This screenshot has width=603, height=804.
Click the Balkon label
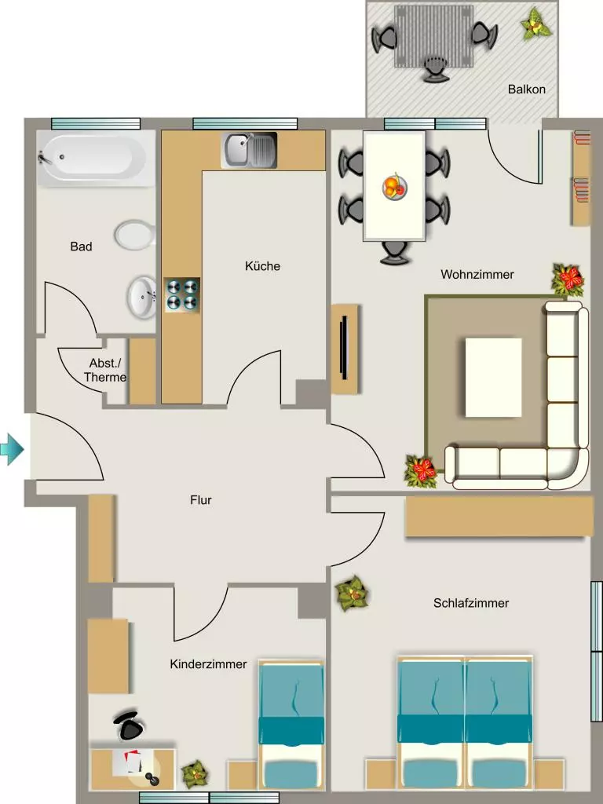click(527, 90)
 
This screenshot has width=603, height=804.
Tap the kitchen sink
click(249, 150)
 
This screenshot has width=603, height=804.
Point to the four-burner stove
click(182, 295)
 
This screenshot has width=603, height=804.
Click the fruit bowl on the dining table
click(395, 187)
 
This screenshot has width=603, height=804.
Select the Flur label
click(200, 500)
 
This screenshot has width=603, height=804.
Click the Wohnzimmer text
click(477, 274)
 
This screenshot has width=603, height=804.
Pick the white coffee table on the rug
click(493, 378)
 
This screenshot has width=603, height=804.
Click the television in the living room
click(345, 348)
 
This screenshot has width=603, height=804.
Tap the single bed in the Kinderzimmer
click(291, 725)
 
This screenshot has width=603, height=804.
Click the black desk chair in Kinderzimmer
click(128, 725)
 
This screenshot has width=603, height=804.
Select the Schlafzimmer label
click(471, 603)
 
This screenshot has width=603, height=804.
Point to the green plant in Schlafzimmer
click(353, 594)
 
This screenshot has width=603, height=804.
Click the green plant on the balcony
click(535, 24)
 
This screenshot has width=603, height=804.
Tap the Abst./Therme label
click(105, 371)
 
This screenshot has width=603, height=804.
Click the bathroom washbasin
click(141, 297)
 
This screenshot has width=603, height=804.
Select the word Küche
click(262, 266)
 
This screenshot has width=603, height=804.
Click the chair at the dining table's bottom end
click(394, 253)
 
